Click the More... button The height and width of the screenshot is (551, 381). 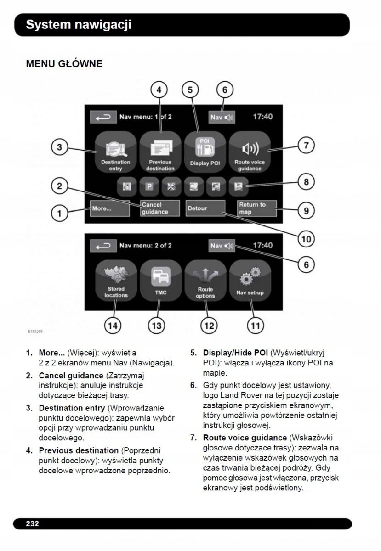click(103, 208)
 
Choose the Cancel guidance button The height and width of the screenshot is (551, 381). click(154, 208)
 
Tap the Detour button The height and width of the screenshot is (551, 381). click(205, 208)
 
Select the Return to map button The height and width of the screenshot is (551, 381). click(257, 208)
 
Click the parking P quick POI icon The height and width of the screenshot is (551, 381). click(149, 186)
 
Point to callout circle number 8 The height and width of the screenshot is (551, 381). click(306, 182)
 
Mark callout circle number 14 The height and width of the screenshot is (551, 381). click(113, 326)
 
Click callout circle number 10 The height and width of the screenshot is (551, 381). click(306, 239)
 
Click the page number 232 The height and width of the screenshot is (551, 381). click(32, 523)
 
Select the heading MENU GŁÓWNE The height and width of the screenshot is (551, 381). click(64, 64)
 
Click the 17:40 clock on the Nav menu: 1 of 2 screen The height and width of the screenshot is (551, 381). click(262, 117)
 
